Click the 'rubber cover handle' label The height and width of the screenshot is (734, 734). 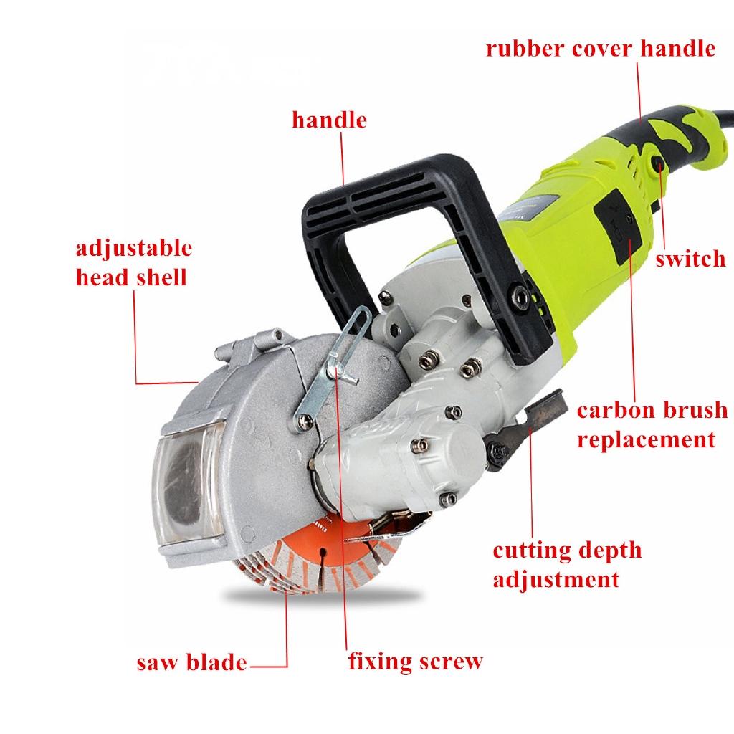[600, 49]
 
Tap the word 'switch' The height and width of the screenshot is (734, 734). [690, 259]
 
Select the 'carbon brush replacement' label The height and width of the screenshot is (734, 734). [652, 424]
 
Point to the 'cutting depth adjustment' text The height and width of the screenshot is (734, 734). [566, 564]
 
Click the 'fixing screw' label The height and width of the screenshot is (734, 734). [415, 661]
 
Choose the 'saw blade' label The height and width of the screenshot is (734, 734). [191, 662]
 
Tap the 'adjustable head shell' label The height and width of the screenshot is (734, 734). [134, 262]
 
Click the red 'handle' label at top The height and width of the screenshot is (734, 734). [329, 120]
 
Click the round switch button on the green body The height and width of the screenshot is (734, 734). [656, 166]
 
